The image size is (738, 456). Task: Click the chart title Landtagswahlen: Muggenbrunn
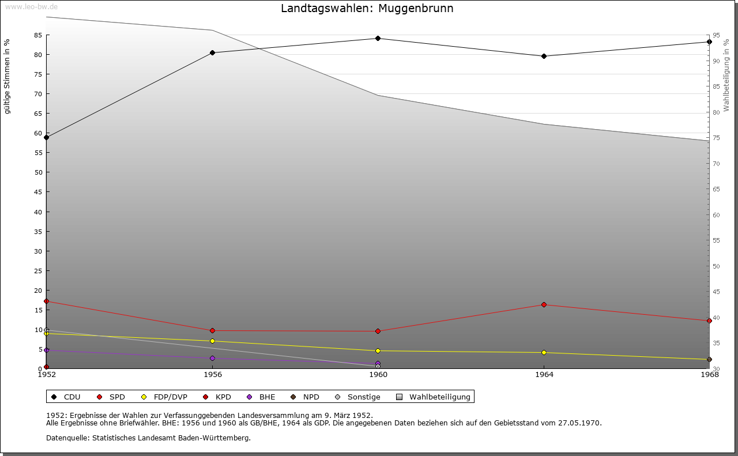coord(367,9)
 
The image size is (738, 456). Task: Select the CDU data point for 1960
coord(378,39)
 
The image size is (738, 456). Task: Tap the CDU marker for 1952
coord(46,137)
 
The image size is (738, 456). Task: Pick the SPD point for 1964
coord(544,304)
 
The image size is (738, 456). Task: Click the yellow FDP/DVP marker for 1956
coord(212,341)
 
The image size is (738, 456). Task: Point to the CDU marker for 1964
coord(544,56)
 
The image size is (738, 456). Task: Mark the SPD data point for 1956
coord(212,330)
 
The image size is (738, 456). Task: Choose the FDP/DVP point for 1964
coord(544,352)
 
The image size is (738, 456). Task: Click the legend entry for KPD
coord(223,397)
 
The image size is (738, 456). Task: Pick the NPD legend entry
coord(311,397)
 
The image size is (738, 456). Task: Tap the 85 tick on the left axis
coord(37,35)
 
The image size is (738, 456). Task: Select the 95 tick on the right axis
coord(716,35)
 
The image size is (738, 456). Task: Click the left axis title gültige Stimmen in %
coord(7,76)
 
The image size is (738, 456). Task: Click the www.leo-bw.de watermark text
coord(31,6)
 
